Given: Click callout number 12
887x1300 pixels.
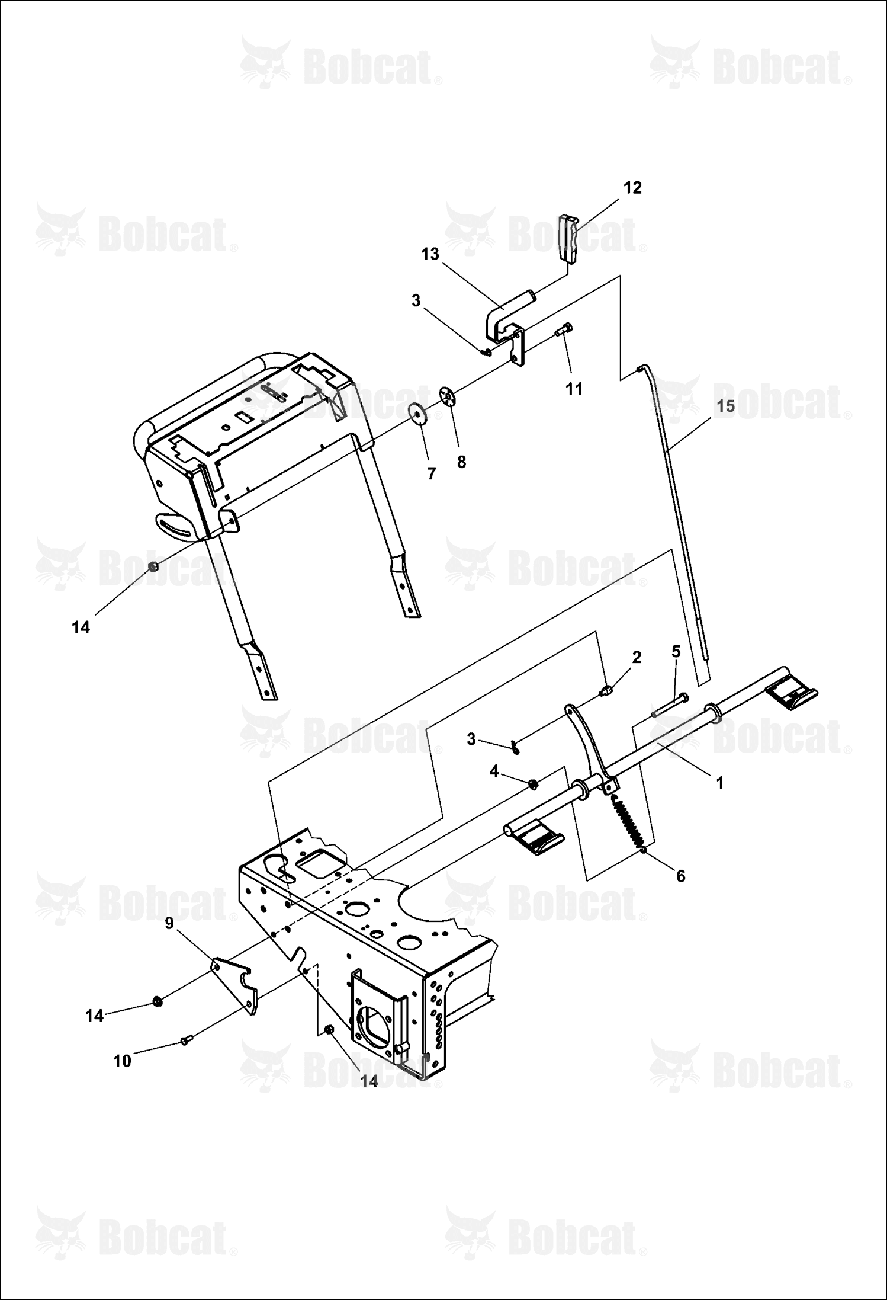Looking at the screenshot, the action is [632, 188].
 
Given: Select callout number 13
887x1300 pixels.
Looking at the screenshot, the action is [430, 254].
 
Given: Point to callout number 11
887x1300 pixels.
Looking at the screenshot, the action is [574, 389].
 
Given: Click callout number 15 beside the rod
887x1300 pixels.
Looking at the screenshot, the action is [726, 406].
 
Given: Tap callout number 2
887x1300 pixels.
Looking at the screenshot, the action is [637, 657].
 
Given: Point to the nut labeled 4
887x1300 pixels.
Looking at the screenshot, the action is [532, 784].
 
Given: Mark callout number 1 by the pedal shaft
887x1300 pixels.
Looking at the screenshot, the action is [720, 783].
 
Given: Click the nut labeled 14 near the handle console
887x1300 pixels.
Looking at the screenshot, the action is [153, 567].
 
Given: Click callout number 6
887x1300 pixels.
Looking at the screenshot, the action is [680, 876].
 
